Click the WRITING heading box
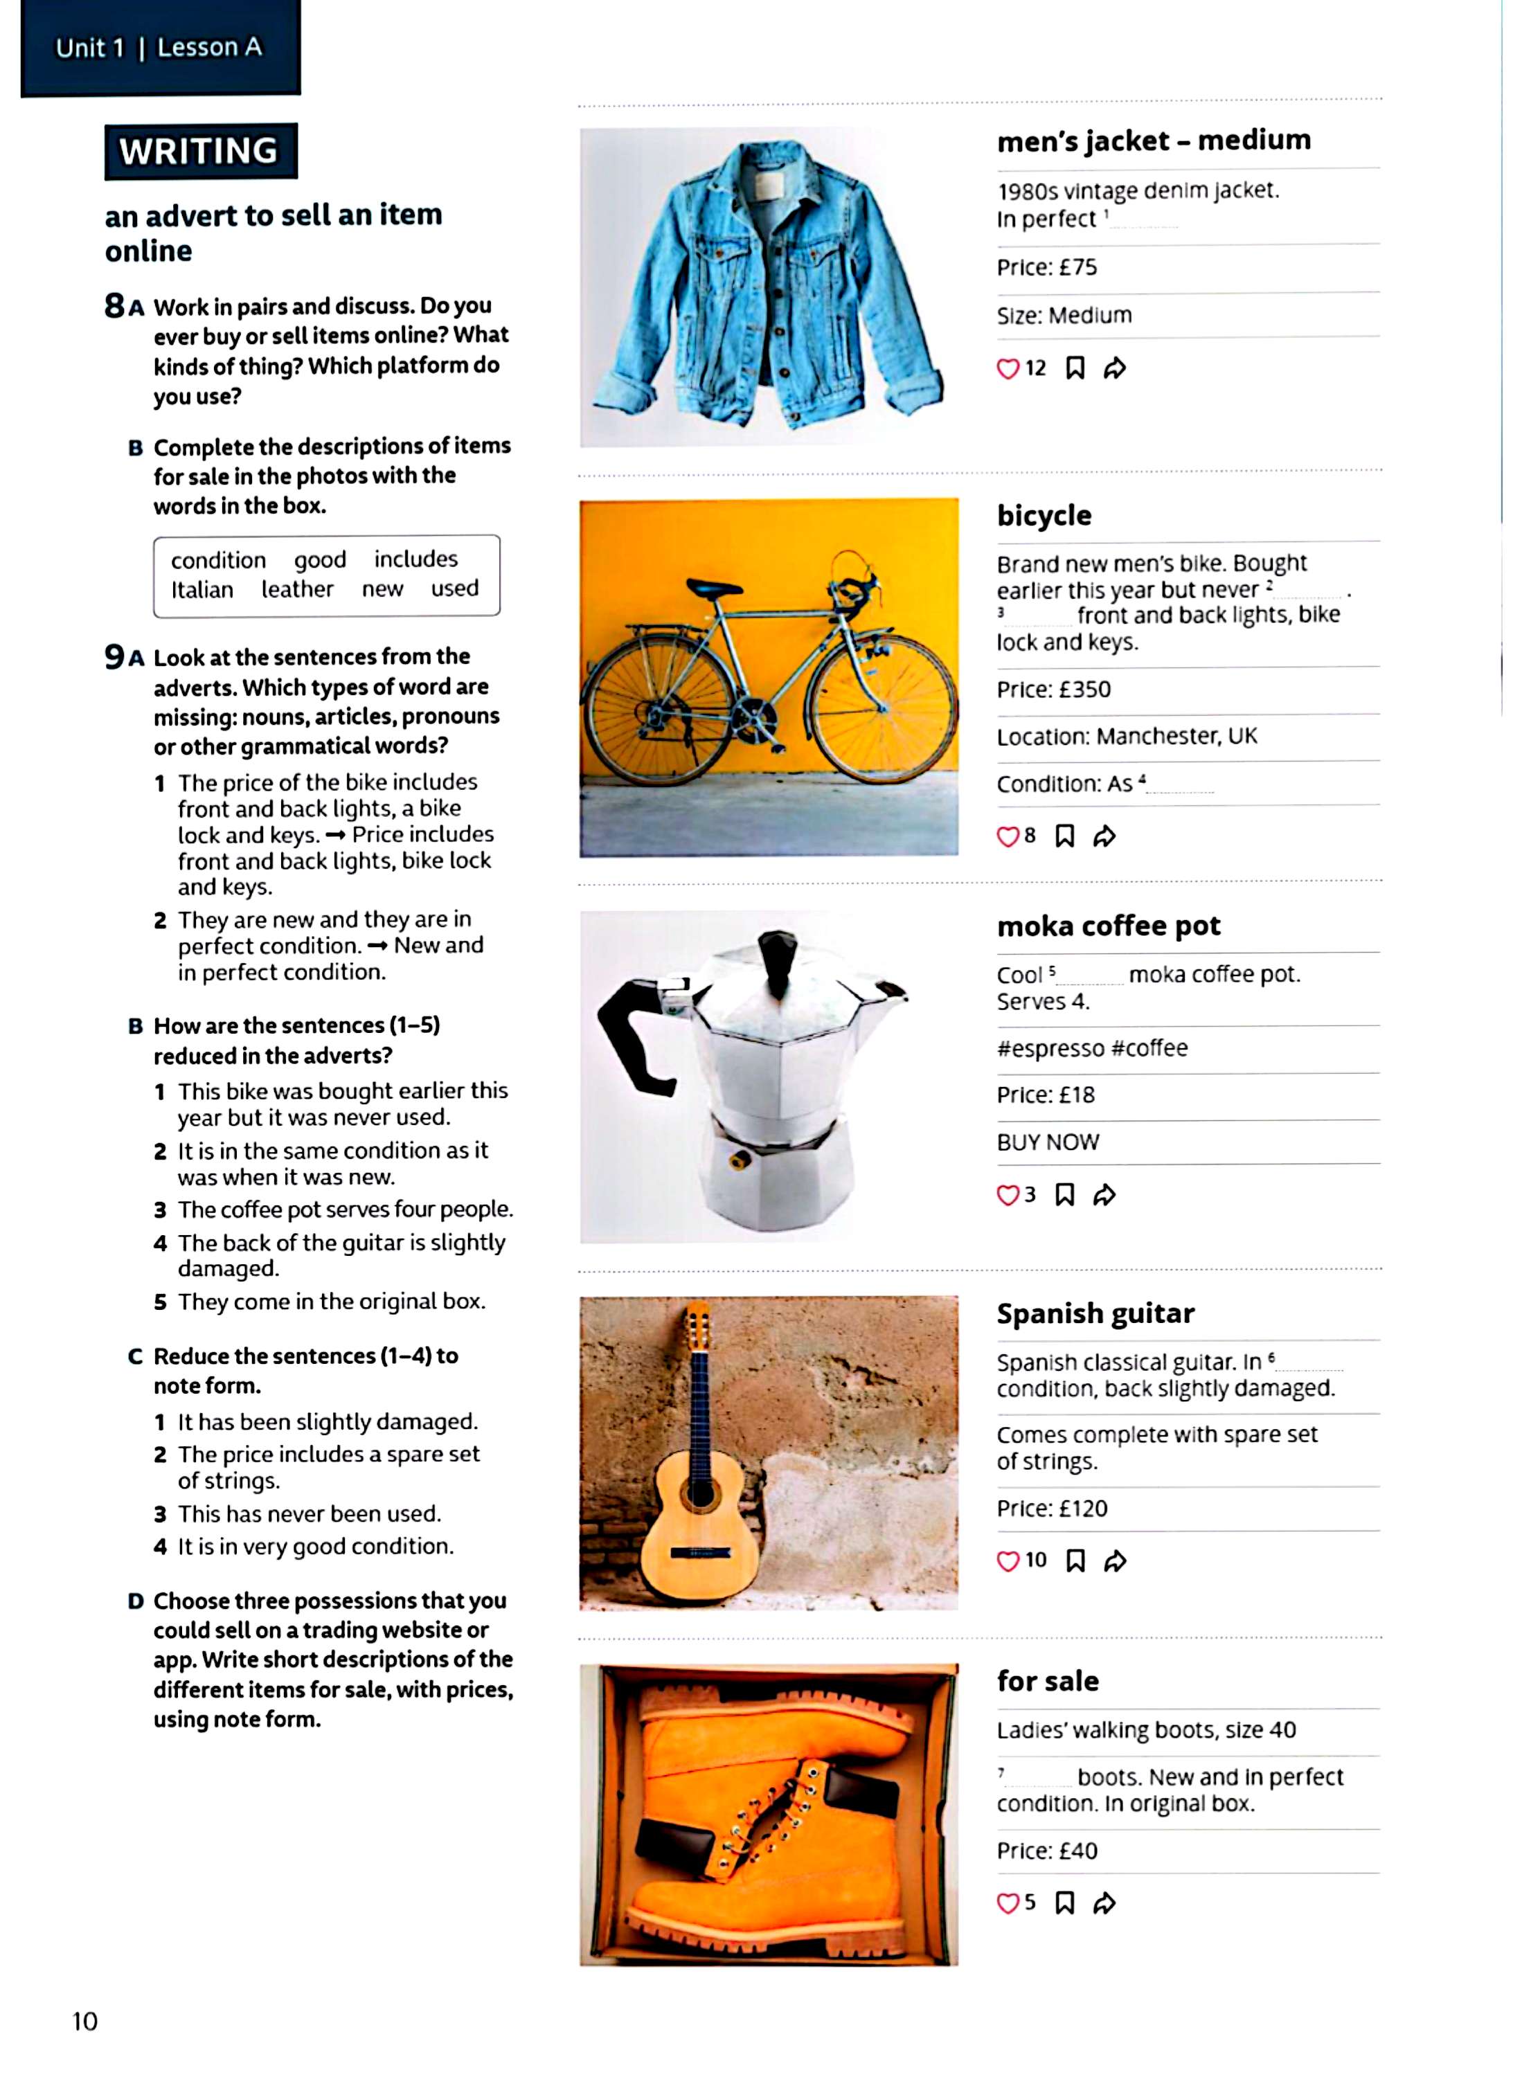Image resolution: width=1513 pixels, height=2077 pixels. (199, 151)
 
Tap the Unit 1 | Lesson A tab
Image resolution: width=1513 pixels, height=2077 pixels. (159, 48)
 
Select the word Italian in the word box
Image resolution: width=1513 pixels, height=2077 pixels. (202, 590)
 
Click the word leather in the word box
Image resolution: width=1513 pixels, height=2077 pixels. (298, 589)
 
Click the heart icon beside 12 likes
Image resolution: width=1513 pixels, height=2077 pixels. (1008, 369)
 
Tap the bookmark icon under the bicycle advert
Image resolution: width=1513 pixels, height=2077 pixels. (1064, 836)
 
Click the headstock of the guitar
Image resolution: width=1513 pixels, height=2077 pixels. (698, 1327)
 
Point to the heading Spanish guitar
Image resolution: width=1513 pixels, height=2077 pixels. (1095, 1314)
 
